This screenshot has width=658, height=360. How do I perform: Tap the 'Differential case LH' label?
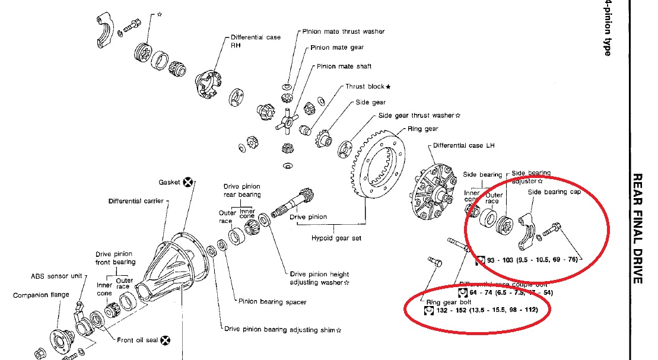pos(463,145)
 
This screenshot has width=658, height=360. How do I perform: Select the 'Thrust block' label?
pos(368,87)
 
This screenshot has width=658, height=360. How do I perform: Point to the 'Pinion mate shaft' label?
pos(344,66)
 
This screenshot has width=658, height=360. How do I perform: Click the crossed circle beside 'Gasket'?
pos(188,182)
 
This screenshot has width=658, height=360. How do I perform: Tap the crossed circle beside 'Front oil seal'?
pos(166,340)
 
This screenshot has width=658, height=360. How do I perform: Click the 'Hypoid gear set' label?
pos(336,238)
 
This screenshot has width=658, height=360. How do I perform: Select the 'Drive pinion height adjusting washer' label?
pos(320,278)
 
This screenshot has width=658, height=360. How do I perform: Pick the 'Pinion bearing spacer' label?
pos(272,302)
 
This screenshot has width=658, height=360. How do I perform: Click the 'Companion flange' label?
pos(41,295)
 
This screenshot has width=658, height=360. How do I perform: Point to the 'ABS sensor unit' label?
pos(56,276)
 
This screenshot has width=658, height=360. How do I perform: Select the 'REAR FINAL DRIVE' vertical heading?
pos(638,228)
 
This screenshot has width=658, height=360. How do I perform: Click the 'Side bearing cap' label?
pos(554,192)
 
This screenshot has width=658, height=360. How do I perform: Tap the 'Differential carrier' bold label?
pos(136,201)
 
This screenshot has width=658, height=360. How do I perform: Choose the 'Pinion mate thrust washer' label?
pos(344,31)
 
